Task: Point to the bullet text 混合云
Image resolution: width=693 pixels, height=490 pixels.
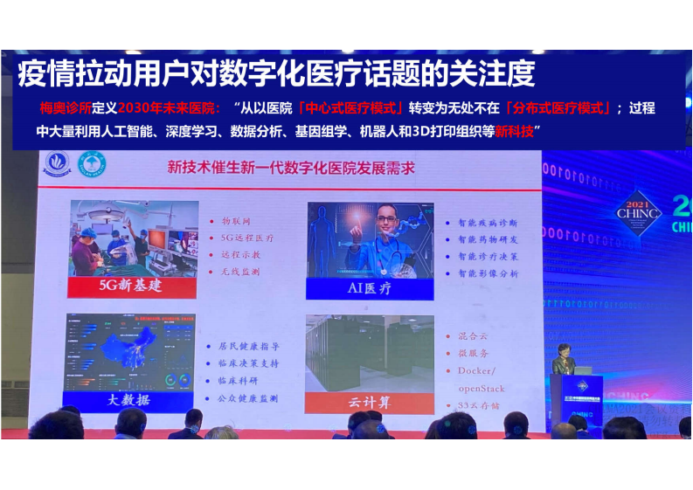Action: tap(473, 336)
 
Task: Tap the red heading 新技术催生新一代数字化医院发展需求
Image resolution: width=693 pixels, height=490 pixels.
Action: tap(291, 167)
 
